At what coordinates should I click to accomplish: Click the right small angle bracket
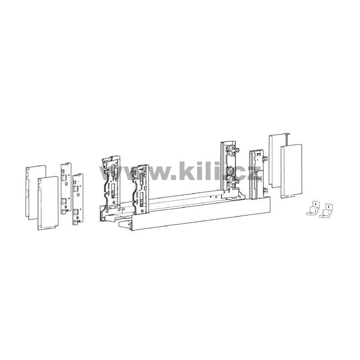point(325,211)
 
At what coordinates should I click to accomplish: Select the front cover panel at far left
point(48,203)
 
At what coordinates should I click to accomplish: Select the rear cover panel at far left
point(36,193)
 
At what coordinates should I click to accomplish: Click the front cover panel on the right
point(291,171)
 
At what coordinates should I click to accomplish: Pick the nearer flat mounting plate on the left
point(77,199)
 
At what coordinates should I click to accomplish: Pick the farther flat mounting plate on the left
point(66,188)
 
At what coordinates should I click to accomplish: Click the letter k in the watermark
point(187,171)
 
